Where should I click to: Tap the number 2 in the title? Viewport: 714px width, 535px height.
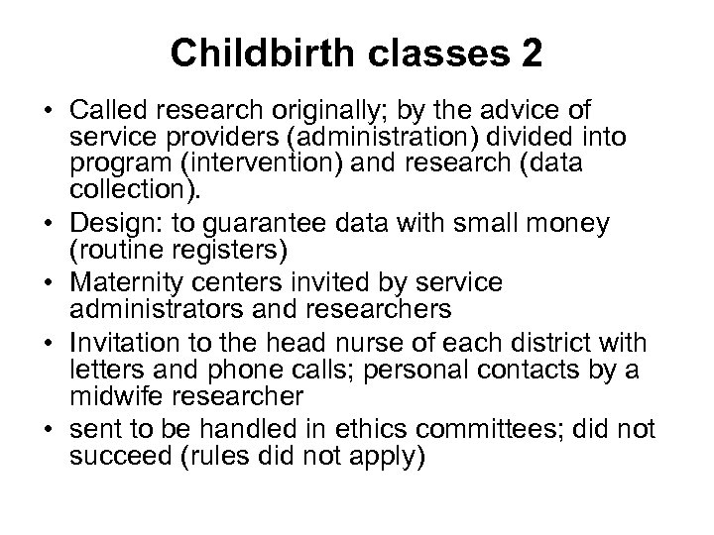530,53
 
